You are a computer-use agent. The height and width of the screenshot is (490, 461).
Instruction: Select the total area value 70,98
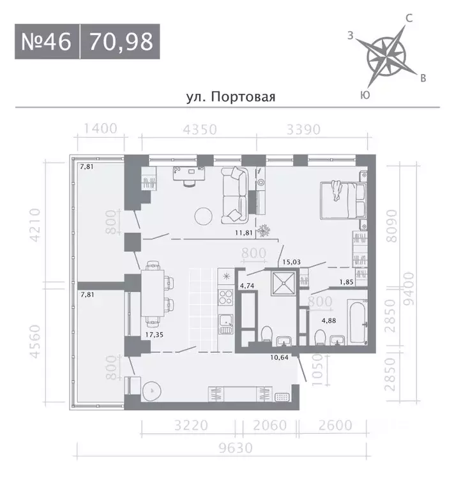[x=121, y=42]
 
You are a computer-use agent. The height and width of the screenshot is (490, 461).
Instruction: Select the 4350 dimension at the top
[x=200, y=129]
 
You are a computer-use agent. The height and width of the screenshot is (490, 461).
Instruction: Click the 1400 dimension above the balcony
[x=96, y=129]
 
